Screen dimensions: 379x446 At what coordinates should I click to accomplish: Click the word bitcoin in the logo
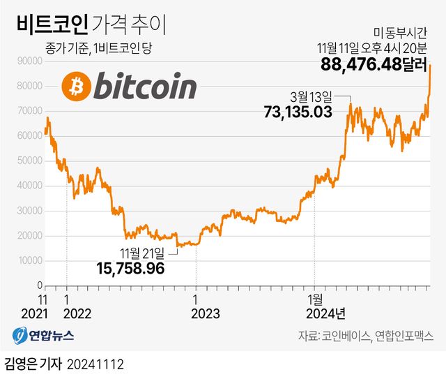[x=144, y=87]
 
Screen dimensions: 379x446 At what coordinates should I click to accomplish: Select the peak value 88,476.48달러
[x=374, y=64]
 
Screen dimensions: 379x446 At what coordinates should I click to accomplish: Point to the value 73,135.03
[x=297, y=111]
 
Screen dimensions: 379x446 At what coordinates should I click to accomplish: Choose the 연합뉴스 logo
[x=43, y=335]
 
